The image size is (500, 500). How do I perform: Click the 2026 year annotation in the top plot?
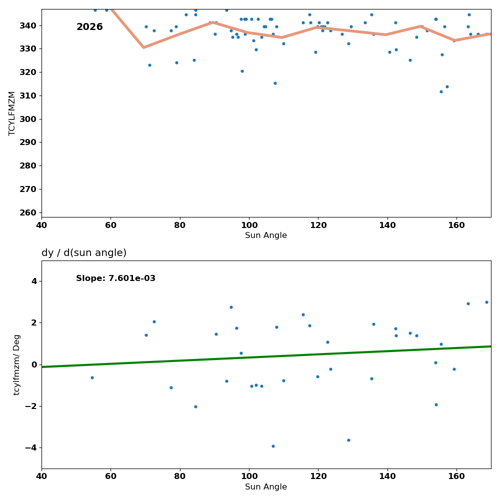coord(89,27)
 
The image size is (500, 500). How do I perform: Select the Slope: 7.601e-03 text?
coord(115,278)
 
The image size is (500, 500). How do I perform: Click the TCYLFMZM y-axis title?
coord(12,113)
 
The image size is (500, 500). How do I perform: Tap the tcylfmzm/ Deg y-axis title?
coord(17,364)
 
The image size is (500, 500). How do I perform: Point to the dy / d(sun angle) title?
coord(84,253)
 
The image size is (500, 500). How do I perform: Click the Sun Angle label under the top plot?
coord(266,235)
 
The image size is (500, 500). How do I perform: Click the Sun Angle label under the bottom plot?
coord(266,487)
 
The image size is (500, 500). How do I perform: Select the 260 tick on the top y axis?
coord(28,212)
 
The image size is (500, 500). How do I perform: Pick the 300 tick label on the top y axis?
coord(28,119)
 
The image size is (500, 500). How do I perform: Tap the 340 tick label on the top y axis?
coord(28,25)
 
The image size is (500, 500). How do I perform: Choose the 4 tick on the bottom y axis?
coord(34,281)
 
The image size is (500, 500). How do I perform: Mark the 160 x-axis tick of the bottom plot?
coord(456,475)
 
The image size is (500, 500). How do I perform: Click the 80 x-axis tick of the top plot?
coord(179,224)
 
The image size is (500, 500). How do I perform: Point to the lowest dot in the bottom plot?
coord(273,446)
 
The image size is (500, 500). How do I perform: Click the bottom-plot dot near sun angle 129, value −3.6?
coord(348,440)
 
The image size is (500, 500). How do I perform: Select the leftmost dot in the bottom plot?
coord(92,377)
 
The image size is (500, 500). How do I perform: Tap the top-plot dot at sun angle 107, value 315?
coord(275,83)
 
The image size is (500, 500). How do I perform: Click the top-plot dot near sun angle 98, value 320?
coord(242,71)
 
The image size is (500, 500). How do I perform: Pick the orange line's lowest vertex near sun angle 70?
coord(143,47)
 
